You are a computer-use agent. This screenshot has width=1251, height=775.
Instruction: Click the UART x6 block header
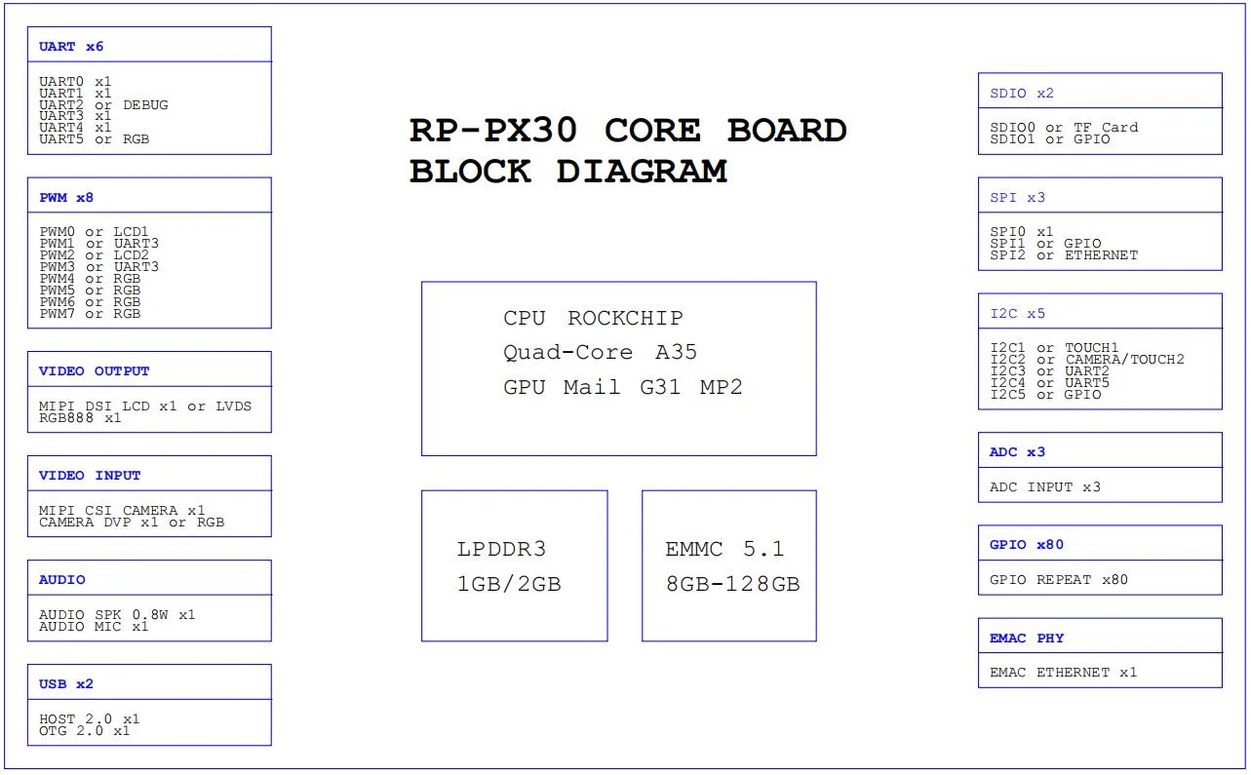[x=71, y=47]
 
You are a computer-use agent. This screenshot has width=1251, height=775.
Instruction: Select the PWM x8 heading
[x=66, y=198]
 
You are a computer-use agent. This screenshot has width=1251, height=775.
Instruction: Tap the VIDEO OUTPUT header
[x=94, y=371]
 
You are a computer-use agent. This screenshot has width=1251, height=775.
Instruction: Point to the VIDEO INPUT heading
[x=90, y=476]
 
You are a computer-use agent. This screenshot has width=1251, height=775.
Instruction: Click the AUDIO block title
[x=62, y=580]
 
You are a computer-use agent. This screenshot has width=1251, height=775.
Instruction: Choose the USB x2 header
[x=66, y=684]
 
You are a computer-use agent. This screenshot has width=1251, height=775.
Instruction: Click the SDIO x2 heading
[x=1022, y=94]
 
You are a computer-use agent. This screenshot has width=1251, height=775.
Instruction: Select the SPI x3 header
[x=1017, y=198]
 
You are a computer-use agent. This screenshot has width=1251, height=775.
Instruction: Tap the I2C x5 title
[x=1017, y=314]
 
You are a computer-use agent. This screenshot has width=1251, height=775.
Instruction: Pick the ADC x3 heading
[x=1017, y=452]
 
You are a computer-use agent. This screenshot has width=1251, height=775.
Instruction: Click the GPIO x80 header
[x=1027, y=545]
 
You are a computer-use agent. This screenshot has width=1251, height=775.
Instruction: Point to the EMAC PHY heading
[x=1027, y=639]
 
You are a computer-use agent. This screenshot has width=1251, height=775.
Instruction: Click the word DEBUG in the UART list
[x=145, y=105]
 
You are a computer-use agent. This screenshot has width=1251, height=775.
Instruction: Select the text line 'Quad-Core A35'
[x=600, y=352]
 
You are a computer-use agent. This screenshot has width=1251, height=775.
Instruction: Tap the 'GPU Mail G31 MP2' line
[x=623, y=387]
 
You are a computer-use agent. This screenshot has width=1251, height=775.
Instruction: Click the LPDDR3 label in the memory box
[x=501, y=550]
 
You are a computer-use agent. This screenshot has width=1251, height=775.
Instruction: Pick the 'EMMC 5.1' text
[x=724, y=550]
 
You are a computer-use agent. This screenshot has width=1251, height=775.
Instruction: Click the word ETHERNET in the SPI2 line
[x=1101, y=255]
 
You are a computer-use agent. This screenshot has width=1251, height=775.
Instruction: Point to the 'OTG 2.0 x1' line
[x=84, y=731]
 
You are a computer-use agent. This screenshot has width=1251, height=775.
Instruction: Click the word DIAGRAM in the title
[x=642, y=172]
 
